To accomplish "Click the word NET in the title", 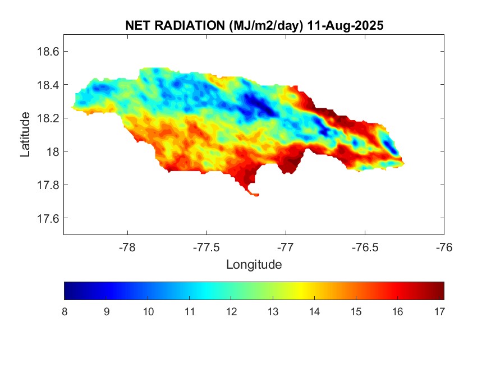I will click(x=137, y=26).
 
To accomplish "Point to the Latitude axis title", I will click(x=25, y=134).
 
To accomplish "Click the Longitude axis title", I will click(x=254, y=264).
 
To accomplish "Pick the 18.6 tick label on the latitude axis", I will click(x=47, y=52).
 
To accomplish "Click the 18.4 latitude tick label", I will click(x=47, y=85).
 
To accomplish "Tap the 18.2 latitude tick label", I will click(x=47, y=118).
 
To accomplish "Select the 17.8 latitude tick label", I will click(x=47, y=185).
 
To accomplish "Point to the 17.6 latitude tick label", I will click(x=47, y=218).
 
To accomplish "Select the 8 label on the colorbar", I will click(x=65, y=311).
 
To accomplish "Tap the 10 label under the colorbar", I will click(x=148, y=311).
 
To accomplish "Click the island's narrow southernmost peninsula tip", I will click(x=256, y=195).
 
